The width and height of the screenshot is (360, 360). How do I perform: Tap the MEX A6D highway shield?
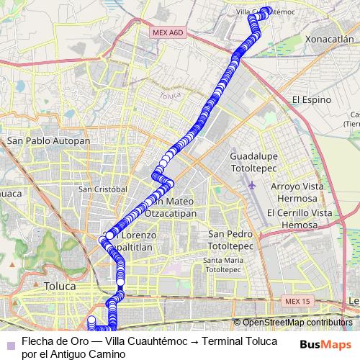pos(168,33)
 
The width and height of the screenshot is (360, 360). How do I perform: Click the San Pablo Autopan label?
pos(48,141)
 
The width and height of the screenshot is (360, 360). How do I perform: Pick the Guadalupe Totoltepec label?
pos(252,161)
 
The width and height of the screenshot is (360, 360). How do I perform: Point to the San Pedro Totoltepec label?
pos(230,240)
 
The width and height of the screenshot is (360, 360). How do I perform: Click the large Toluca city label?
pos(60,286)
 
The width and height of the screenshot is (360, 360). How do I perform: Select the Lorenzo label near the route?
pos(140,235)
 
